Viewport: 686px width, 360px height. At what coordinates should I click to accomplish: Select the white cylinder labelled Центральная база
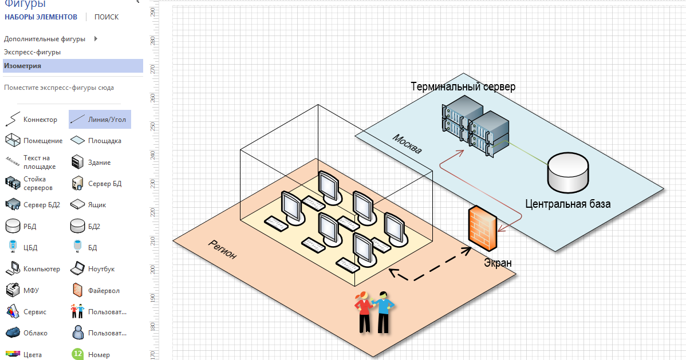click(x=567, y=173)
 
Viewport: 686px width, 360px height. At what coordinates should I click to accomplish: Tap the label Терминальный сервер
click(x=463, y=87)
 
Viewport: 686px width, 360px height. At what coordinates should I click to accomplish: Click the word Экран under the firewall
click(x=498, y=263)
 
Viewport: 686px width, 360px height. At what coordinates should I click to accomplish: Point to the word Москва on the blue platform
click(x=407, y=144)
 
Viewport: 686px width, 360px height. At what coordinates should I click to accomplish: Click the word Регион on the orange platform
click(x=222, y=249)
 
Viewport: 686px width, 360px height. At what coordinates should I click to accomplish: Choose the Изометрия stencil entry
click(x=23, y=66)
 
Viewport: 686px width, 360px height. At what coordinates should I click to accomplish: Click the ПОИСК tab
click(x=107, y=17)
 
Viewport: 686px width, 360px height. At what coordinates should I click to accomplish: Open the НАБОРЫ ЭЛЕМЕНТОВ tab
click(x=41, y=17)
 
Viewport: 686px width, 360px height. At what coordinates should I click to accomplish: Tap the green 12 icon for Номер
click(x=77, y=354)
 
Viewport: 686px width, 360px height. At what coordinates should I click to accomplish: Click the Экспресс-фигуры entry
click(x=33, y=52)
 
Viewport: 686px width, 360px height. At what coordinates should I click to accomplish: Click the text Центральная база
click(x=567, y=204)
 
